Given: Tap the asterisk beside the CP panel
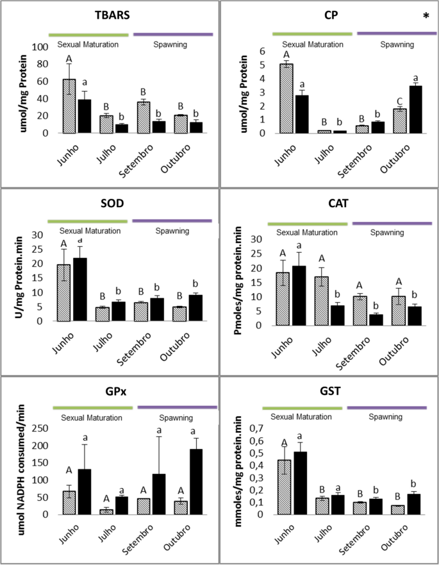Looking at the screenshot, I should point(426,16).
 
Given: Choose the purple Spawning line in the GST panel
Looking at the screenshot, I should point(387,407).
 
